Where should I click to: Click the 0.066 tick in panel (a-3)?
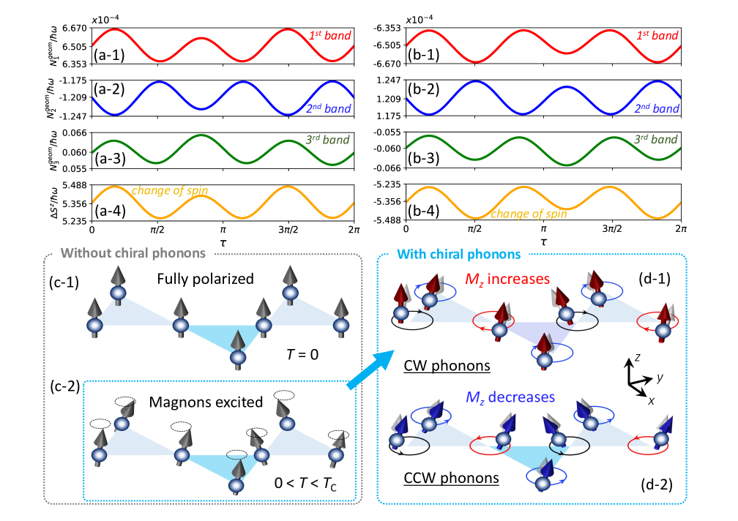[x=77, y=133]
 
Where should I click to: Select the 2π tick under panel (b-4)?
[x=682, y=230]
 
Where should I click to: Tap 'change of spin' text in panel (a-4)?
[x=170, y=192]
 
